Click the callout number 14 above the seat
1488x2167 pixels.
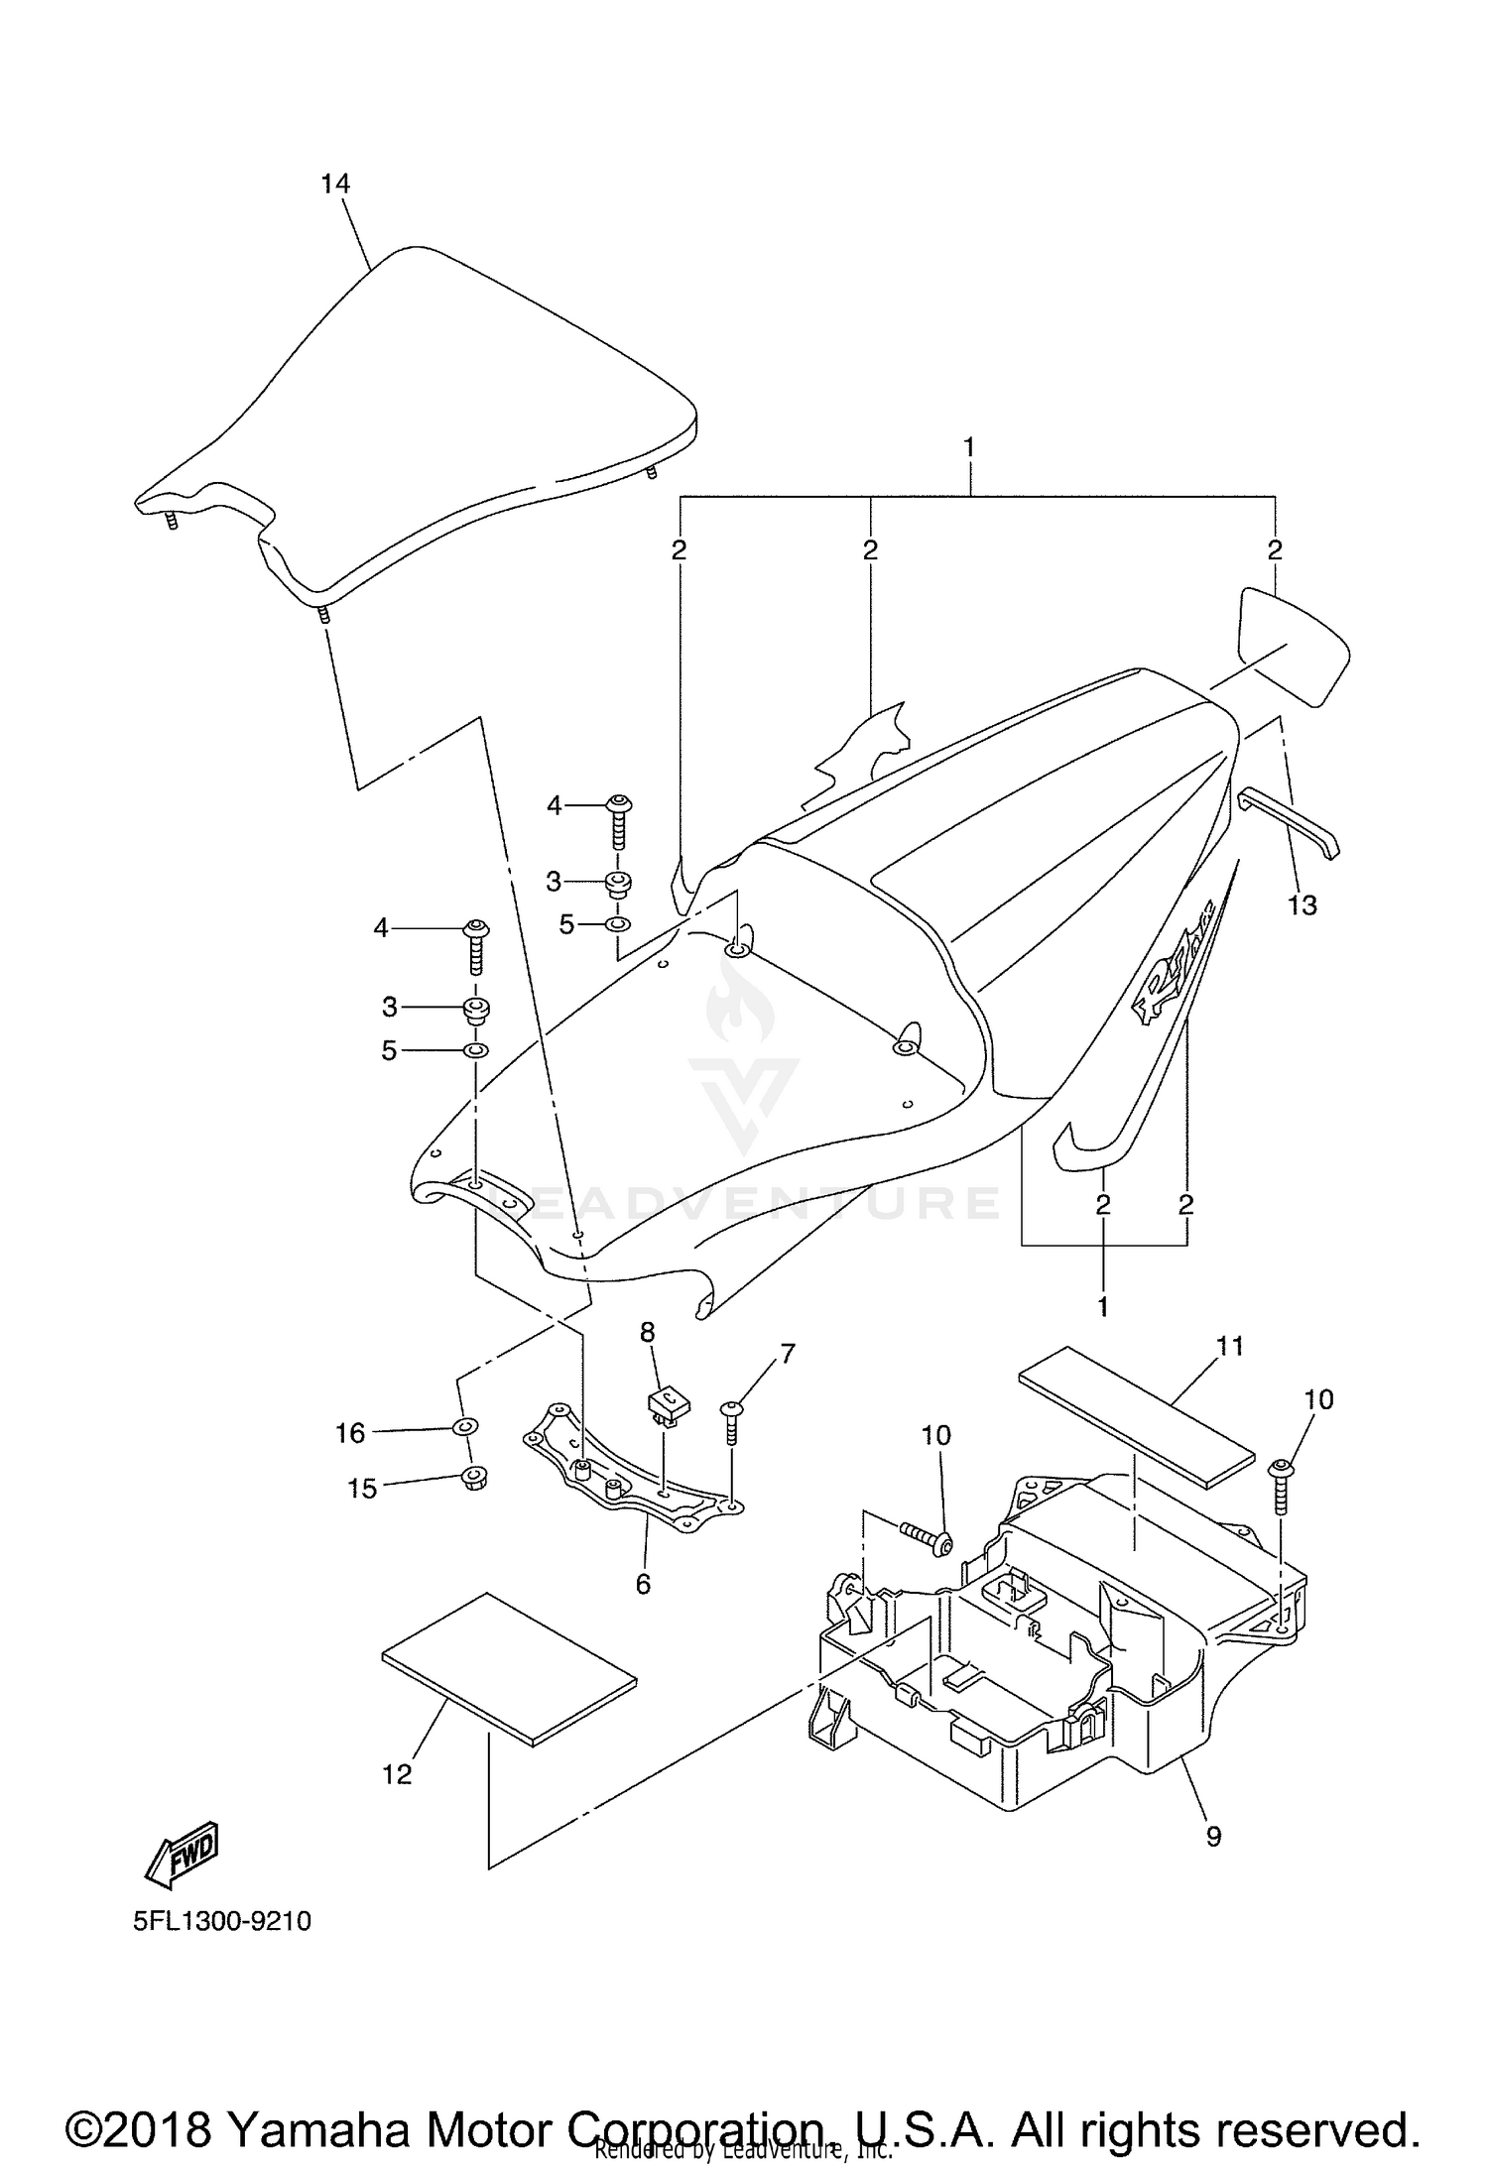coord(335,183)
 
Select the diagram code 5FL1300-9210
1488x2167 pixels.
coord(223,1921)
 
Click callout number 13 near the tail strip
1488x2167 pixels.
coord(1302,904)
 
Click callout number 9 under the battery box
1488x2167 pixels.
coord(1213,1836)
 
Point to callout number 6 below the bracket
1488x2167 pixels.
coord(643,1585)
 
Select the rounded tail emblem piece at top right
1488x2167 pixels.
coord(1295,645)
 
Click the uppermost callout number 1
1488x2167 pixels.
coord(968,447)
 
